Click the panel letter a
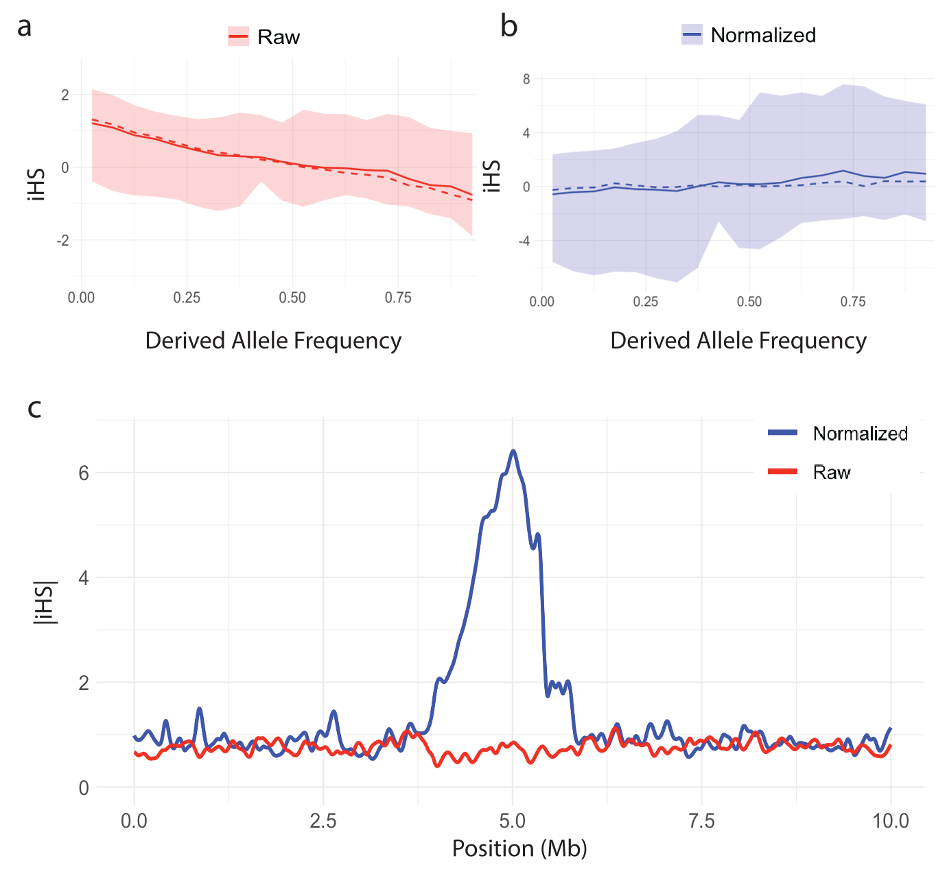(25, 27)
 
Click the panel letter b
(508, 27)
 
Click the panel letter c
(34, 408)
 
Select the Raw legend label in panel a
(278, 37)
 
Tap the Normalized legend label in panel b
(763, 35)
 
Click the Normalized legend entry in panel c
(860, 434)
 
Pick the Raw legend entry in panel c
(832, 472)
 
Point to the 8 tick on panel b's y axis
(527, 79)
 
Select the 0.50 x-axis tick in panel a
(292, 298)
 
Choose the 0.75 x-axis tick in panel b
(853, 302)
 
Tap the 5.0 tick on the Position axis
(512, 821)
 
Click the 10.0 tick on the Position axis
(891, 821)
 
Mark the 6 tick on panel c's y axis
(84, 473)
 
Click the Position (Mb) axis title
(519, 849)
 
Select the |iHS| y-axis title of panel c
(45, 603)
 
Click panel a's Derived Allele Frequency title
(273, 341)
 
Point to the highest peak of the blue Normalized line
(513, 451)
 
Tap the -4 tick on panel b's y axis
(524, 241)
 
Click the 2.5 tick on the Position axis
(323, 821)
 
